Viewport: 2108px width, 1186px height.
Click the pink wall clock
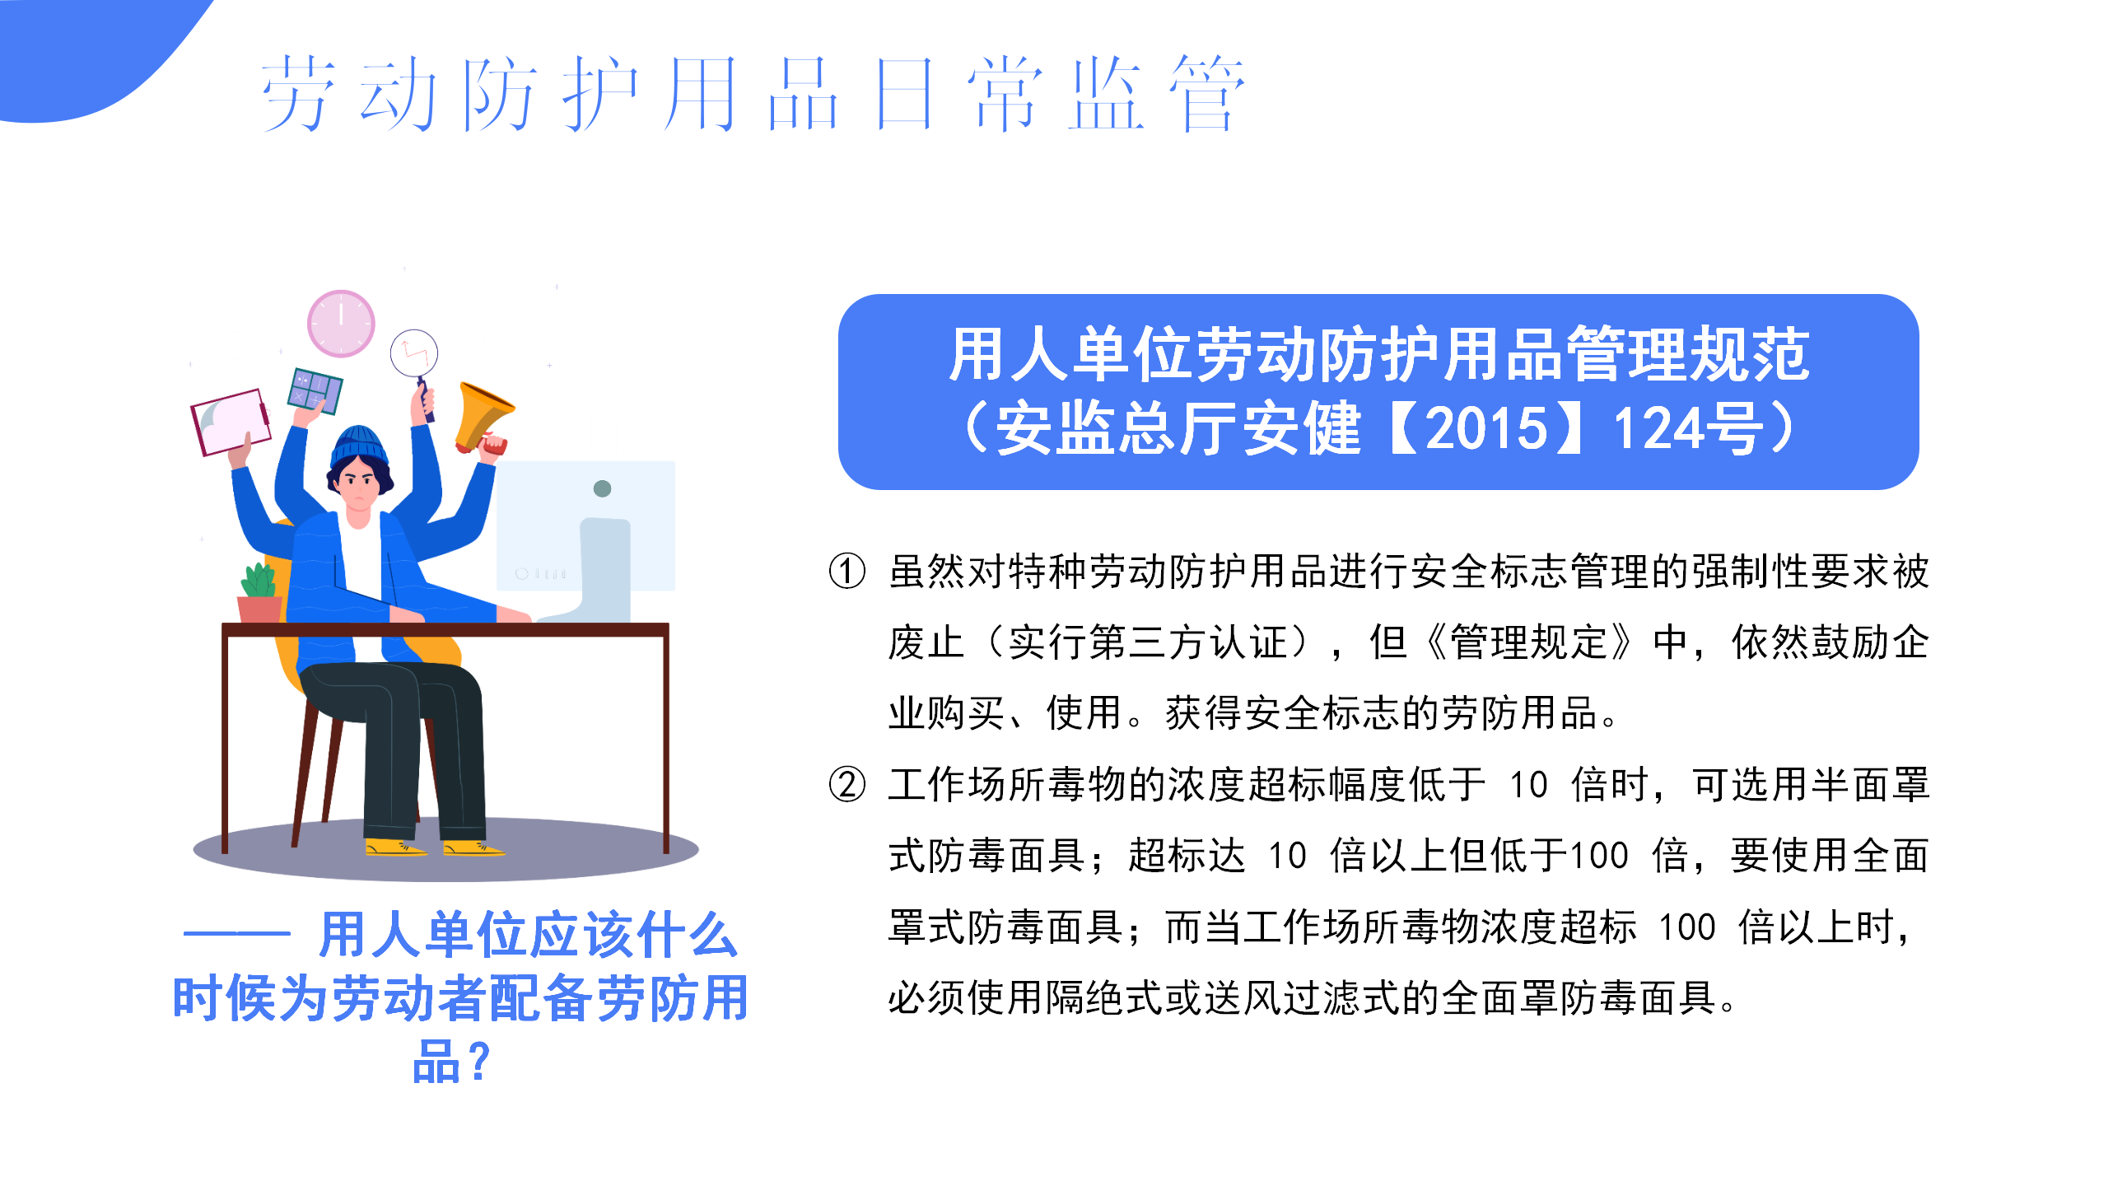341,323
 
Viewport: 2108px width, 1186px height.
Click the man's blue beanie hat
359,446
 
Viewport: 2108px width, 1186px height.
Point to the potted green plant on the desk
260,592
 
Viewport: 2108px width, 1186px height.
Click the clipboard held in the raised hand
231,422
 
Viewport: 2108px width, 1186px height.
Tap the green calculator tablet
315,390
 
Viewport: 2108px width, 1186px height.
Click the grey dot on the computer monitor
602,488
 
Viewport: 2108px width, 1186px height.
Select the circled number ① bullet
847,571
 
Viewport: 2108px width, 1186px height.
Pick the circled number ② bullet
847,784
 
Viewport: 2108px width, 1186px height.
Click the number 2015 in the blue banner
1486,428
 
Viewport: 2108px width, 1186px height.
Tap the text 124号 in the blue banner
1687,428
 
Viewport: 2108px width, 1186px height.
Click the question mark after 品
478,1062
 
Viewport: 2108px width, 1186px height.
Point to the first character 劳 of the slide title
298,93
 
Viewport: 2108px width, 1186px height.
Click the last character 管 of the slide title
1207,93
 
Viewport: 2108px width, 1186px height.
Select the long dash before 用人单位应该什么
237,934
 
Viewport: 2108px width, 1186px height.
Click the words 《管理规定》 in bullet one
1528,642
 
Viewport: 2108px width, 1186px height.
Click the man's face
359,486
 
